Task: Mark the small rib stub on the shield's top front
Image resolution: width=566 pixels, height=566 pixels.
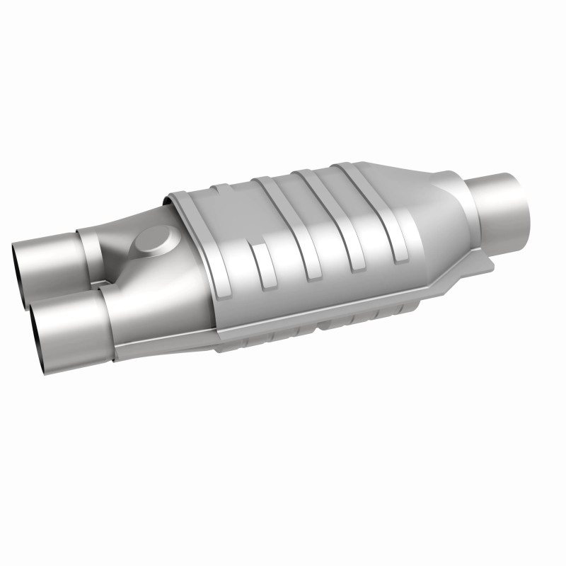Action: click(x=220, y=190)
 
